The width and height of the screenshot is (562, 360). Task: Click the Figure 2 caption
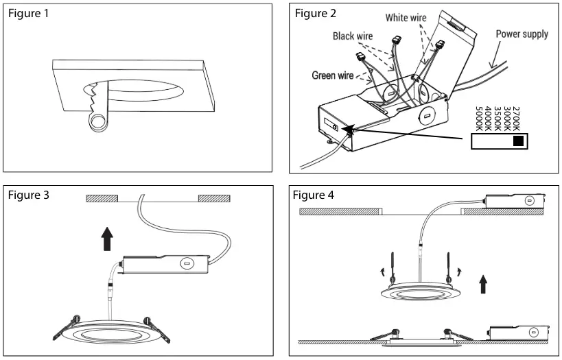tap(316, 14)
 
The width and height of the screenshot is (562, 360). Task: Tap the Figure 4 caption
tap(314, 195)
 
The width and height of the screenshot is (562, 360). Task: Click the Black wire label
tap(353, 36)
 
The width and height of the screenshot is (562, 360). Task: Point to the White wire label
tap(406, 18)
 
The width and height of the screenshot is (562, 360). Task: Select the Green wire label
tap(333, 75)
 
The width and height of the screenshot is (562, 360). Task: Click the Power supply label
tap(522, 34)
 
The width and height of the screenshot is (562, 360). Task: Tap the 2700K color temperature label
tap(517, 119)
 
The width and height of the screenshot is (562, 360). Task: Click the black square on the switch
tap(518, 142)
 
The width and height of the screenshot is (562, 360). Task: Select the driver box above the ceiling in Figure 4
tap(514, 200)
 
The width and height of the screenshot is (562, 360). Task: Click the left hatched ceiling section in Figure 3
tap(102, 199)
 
